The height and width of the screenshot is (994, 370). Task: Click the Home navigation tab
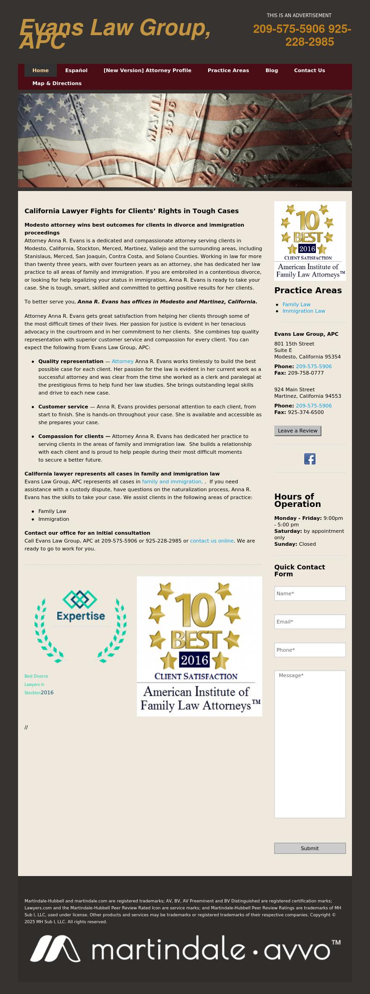coord(41,70)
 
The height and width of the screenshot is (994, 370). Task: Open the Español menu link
coord(76,70)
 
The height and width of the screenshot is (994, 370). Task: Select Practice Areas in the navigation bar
coord(228,70)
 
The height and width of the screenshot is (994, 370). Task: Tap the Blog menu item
coord(271,70)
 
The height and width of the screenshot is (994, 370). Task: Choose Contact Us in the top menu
coord(309,70)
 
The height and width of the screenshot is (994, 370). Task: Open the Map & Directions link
coord(57,83)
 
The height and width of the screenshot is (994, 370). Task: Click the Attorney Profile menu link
coord(147,70)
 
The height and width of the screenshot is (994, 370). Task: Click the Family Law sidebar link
coord(296,304)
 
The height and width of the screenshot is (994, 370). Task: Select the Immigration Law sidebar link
coord(304,311)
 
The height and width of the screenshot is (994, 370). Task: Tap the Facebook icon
coord(310,459)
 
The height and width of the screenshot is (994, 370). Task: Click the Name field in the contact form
coord(310,593)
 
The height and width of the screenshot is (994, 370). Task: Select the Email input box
coord(310,622)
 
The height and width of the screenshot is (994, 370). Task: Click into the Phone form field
coord(310,650)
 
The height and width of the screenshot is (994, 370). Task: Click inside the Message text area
coord(310,744)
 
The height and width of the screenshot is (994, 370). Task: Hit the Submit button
coord(310,848)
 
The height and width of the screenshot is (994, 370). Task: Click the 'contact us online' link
coord(212,541)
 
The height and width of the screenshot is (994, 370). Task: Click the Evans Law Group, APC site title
coord(115,33)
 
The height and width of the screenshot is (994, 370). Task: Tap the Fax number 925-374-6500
coord(306,412)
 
